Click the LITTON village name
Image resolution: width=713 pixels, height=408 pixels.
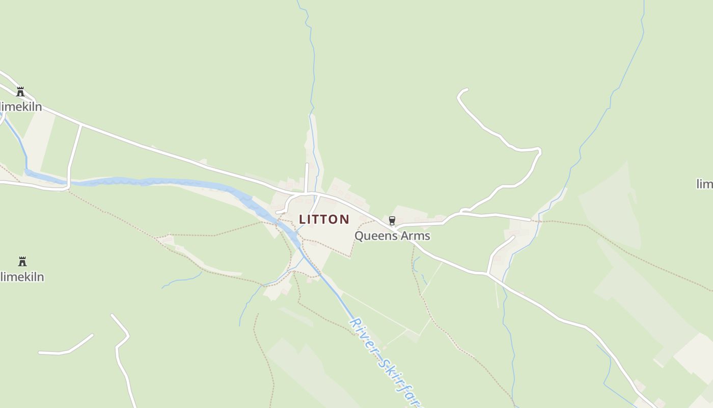click(324, 219)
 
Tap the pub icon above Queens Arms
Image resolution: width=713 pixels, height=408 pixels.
click(392, 220)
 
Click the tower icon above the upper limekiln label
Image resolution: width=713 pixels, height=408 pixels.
click(20, 92)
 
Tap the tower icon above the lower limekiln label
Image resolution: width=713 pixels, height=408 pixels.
click(22, 262)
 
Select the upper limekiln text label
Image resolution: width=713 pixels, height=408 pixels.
click(21, 107)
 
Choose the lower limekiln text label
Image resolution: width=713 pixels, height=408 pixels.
click(22, 277)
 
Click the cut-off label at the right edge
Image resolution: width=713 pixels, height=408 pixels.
click(705, 184)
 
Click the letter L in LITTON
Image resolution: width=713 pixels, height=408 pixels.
click(302, 219)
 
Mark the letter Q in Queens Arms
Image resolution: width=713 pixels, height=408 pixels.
click(359, 236)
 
